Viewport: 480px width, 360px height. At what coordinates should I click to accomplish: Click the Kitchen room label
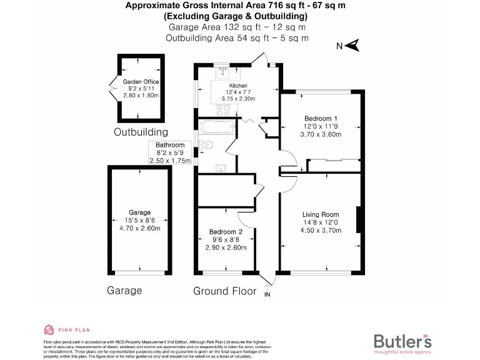[238, 86]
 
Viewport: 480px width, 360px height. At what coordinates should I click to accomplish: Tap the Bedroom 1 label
[321, 118]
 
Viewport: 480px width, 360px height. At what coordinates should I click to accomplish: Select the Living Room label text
[320, 215]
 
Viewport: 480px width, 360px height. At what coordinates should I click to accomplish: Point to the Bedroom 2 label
[225, 232]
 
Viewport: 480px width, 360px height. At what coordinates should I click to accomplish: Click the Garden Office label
[141, 82]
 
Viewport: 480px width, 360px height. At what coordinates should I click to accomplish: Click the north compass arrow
[352, 45]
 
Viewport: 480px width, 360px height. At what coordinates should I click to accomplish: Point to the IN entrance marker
[268, 294]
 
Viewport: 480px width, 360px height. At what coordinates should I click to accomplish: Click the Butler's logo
[402, 341]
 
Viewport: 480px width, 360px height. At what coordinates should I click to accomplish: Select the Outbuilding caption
[141, 132]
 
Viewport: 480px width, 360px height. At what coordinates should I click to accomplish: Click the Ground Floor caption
[225, 291]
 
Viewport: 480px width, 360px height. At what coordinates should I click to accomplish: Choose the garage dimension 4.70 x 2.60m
[141, 228]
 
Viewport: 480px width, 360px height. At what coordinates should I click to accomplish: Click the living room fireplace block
[358, 221]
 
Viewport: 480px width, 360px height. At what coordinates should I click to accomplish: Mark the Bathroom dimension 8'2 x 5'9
[170, 152]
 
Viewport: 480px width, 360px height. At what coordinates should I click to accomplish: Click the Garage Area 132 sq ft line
[237, 27]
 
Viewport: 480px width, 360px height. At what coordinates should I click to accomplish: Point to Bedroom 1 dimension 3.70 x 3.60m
[321, 134]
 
